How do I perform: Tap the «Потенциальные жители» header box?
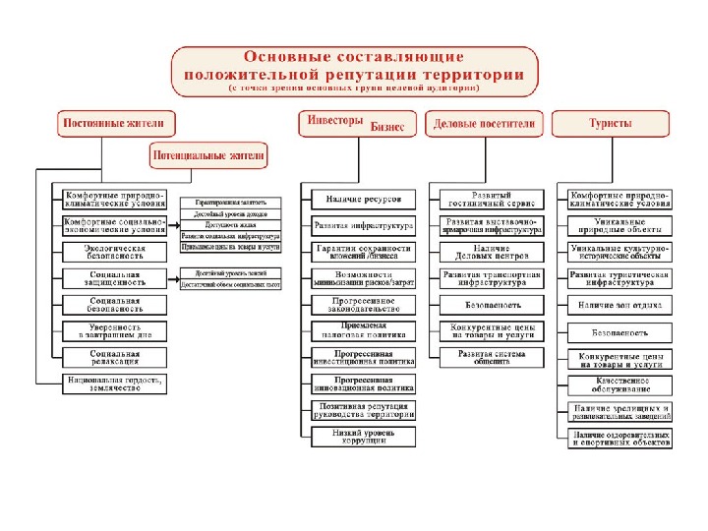[x=207, y=154]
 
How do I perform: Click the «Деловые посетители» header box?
[x=485, y=125]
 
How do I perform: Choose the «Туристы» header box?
[x=611, y=125]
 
